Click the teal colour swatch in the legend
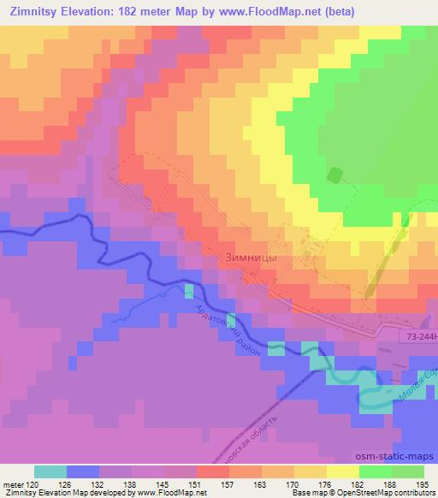tap(50, 471)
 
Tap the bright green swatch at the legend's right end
tap(408, 471)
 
